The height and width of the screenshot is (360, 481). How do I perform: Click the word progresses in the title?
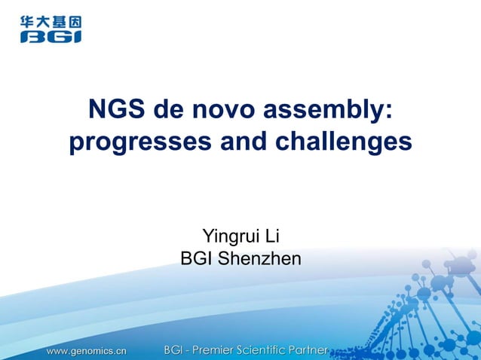click(140, 142)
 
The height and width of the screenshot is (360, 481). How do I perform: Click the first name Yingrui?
click(230, 238)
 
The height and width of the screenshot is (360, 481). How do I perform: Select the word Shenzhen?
click(259, 259)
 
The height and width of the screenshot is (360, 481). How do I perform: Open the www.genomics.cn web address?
click(87, 350)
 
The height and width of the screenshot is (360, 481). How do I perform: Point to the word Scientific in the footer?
click(273, 350)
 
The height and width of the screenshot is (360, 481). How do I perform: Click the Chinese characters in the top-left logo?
click(51, 23)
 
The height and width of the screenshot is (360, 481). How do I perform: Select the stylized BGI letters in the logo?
click(51, 35)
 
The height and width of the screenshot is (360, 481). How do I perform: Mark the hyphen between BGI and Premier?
click(192, 351)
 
